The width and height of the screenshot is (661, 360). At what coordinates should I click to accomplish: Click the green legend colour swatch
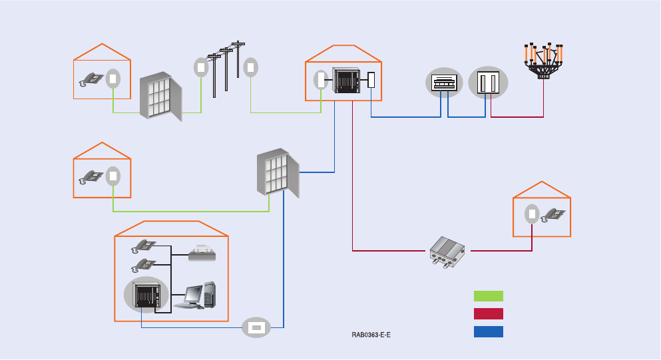[488, 296]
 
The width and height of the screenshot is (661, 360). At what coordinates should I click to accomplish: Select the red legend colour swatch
[488, 314]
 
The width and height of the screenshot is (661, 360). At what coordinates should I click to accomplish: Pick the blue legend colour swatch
[488, 331]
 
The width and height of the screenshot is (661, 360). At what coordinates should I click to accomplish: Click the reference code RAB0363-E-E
[371, 334]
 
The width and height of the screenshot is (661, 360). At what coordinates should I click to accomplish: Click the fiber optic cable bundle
[545, 60]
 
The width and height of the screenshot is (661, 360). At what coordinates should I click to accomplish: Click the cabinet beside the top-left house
[160, 97]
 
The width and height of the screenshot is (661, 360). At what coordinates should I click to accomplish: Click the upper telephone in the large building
[144, 245]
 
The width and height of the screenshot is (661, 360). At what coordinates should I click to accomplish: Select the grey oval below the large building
[256, 327]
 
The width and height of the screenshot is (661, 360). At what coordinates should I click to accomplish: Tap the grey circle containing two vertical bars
[488, 83]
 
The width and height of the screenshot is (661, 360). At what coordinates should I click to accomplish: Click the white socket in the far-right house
[532, 214]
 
